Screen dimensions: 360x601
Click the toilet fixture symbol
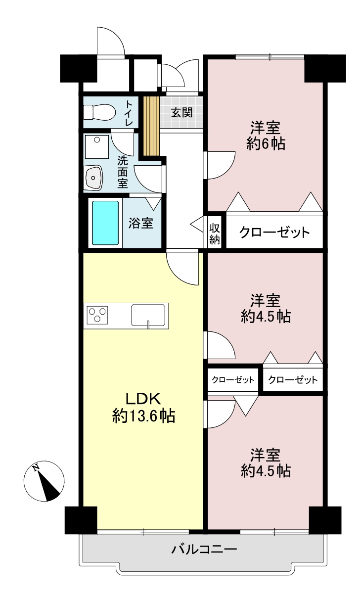(x=99, y=112)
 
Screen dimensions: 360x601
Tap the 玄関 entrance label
(x=182, y=112)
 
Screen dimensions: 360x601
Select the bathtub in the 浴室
(x=105, y=223)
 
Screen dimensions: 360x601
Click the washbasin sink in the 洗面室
(x=93, y=178)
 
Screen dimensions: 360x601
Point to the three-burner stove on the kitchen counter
(x=97, y=315)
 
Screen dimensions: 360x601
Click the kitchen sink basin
(x=148, y=315)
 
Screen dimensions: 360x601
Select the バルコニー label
(x=204, y=549)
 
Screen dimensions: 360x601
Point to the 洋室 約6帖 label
(x=266, y=136)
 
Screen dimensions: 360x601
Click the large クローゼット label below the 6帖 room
(x=274, y=232)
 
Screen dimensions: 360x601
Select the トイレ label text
(x=129, y=113)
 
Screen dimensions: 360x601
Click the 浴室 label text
(x=141, y=223)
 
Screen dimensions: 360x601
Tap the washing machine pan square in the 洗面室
(x=97, y=147)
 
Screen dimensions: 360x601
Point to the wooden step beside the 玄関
(x=151, y=126)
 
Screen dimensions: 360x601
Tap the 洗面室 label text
(x=123, y=172)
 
